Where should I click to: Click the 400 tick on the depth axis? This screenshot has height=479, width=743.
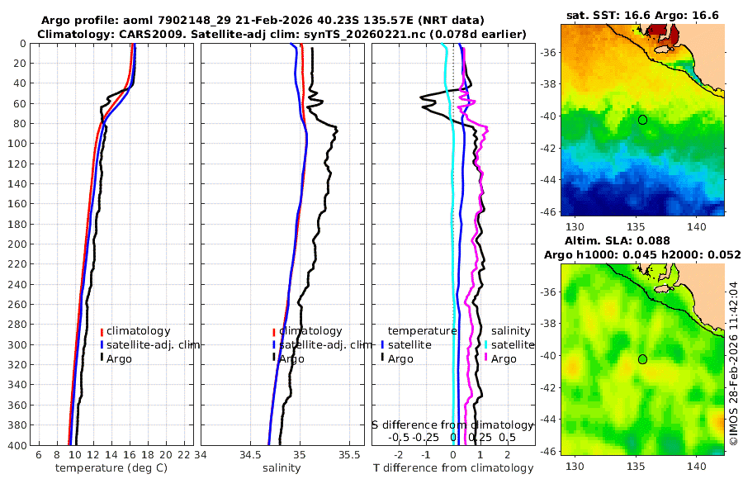(17, 445)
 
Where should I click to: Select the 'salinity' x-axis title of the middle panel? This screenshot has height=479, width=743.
(281, 468)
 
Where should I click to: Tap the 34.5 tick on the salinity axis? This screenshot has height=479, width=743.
(250, 455)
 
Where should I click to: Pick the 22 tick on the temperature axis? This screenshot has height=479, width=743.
(182, 455)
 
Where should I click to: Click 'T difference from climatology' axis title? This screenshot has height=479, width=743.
(453, 468)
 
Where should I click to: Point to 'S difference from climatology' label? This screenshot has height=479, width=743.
(453, 424)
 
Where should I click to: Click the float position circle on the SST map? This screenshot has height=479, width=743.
(642, 120)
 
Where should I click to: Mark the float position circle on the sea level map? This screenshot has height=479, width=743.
(642, 359)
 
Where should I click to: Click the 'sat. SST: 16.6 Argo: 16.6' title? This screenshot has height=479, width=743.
(642, 15)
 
